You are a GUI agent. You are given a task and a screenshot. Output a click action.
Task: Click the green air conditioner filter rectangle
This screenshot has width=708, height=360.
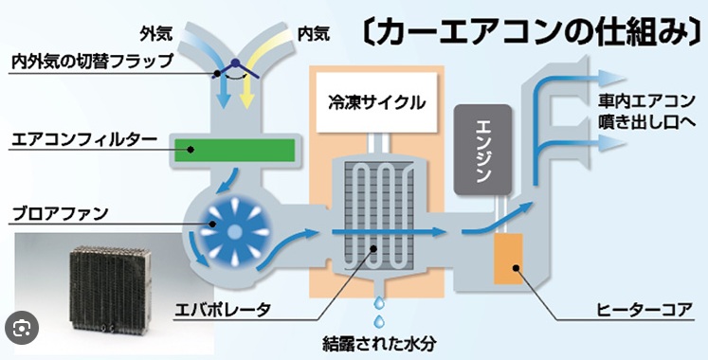point(235,150)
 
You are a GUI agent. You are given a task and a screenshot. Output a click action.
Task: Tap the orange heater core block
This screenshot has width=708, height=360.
point(508,259)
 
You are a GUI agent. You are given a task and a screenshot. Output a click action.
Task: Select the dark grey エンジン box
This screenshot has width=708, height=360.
point(482,150)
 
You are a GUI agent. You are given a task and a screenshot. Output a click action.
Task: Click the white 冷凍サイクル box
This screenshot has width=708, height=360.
point(376,103)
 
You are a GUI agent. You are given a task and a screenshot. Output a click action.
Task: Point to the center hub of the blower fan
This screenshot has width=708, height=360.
point(234,232)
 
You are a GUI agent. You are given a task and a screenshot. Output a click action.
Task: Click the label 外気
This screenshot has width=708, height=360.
point(155,34)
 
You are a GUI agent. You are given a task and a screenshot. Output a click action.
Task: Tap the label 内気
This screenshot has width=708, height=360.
point(314,34)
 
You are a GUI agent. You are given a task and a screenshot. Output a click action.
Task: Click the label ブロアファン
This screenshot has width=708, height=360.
point(60,213)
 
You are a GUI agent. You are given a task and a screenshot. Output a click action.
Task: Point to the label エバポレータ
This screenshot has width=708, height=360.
point(223,310)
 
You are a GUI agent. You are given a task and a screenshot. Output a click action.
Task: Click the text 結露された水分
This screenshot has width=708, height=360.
point(379,344)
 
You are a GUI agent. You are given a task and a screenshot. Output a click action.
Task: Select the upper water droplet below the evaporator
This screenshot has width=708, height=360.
point(379,303)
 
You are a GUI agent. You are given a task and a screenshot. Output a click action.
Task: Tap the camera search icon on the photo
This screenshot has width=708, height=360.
point(20,328)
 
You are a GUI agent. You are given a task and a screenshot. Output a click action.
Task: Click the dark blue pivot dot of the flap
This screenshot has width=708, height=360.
point(234,63)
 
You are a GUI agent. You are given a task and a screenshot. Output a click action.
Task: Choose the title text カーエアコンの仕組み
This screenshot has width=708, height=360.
point(533,32)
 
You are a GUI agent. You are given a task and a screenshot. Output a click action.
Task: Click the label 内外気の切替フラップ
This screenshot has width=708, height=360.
point(93,61)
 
